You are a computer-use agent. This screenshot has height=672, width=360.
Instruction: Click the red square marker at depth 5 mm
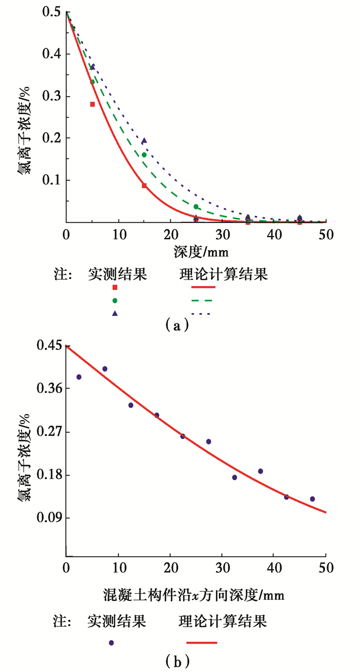(x=93, y=104)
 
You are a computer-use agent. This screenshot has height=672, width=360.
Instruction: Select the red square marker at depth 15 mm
(x=145, y=185)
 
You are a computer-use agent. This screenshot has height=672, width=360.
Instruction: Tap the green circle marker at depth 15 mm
(x=145, y=155)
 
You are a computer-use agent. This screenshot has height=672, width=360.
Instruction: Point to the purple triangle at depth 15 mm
(x=145, y=140)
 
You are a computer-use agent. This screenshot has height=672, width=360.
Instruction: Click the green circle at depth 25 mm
(x=196, y=207)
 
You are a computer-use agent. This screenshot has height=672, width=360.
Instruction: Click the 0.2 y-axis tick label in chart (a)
(x=50, y=138)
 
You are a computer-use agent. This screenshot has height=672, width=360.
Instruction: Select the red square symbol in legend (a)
(x=115, y=288)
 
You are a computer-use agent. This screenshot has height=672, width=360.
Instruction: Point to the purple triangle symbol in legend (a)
(x=115, y=313)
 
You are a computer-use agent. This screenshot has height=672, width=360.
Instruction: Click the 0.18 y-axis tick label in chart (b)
(x=47, y=474)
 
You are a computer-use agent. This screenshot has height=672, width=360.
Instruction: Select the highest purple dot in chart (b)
(x=105, y=368)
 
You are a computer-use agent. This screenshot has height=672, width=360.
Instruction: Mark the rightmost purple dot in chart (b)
(x=312, y=499)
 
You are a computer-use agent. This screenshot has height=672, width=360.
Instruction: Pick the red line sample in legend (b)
(x=202, y=642)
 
